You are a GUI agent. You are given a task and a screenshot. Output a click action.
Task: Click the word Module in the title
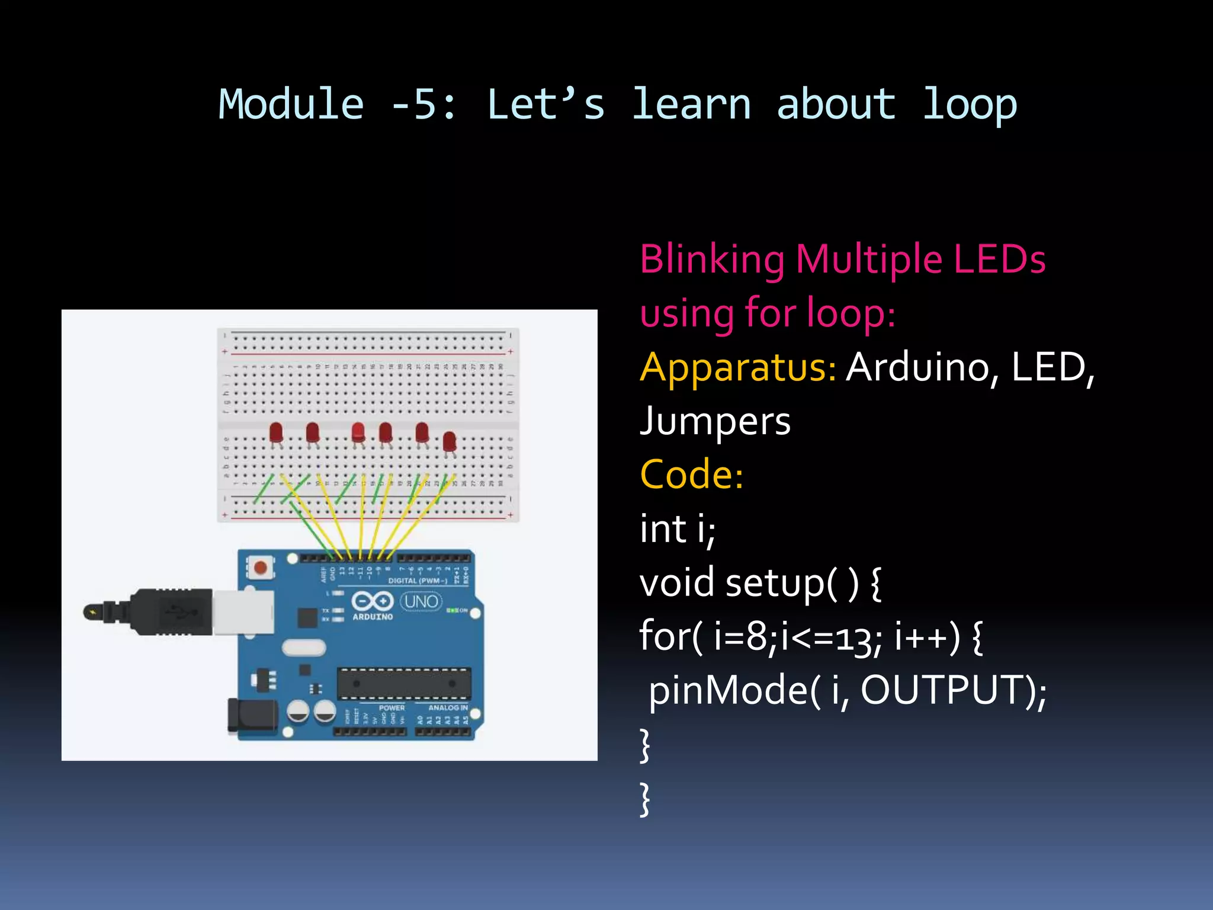click(x=291, y=105)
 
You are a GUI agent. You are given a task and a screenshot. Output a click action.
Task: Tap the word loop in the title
click(x=970, y=105)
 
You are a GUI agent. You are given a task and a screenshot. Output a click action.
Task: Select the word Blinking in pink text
click(x=712, y=259)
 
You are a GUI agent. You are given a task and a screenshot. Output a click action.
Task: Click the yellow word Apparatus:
click(x=738, y=367)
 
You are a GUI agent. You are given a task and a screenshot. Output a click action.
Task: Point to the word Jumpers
click(x=715, y=421)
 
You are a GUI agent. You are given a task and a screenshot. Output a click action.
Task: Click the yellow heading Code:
click(x=691, y=475)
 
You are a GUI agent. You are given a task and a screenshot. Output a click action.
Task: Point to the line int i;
click(x=677, y=529)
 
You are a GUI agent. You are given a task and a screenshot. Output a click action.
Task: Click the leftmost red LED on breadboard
click(x=276, y=433)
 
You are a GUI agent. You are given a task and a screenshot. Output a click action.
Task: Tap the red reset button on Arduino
click(x=260, y=568)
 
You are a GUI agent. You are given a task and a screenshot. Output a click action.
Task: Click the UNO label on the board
click(x=421, y=602)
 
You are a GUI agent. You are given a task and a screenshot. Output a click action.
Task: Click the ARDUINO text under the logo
click(x=373, y=617)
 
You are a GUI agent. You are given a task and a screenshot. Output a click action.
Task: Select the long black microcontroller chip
click(x=404, y=683)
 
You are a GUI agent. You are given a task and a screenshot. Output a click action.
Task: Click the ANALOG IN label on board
click(x=448, y=707)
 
